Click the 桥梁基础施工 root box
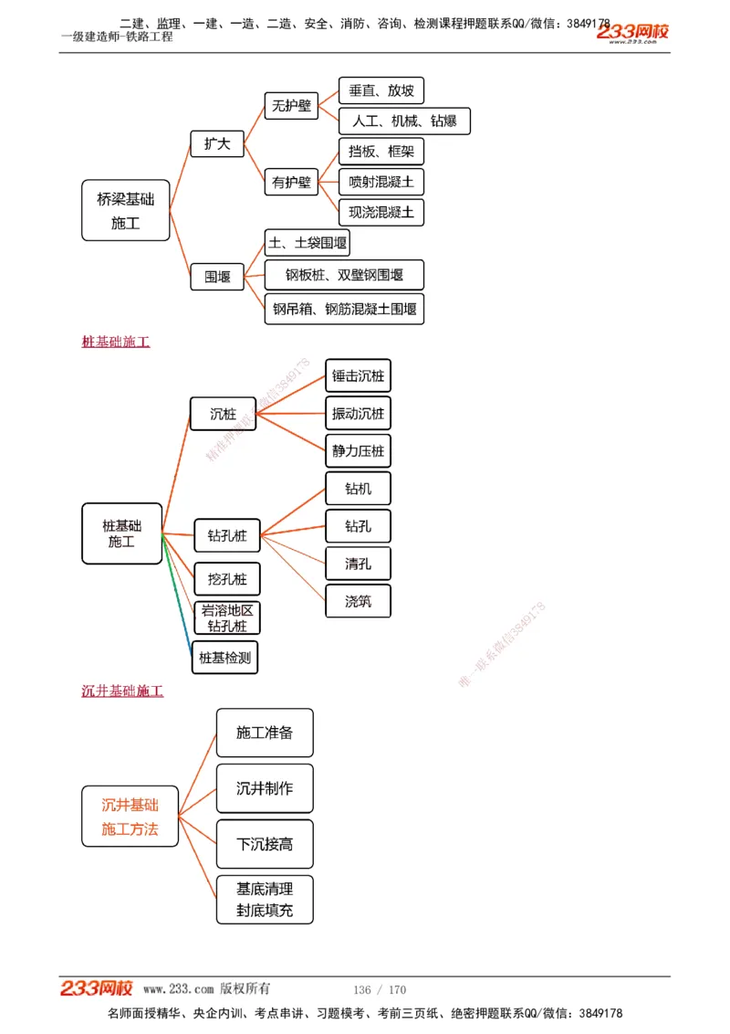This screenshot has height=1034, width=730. pos(126,210)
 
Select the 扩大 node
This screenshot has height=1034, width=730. pos(217,143)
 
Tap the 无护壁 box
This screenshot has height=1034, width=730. pos(291,106)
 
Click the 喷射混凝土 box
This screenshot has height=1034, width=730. pos(381,182)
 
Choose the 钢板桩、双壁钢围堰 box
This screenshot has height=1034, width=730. pos(344,275)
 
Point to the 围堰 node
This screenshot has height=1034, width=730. pos(217,276)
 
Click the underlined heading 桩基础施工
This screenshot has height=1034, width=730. pos(116,342)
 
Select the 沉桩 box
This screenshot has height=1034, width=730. pos(223,414)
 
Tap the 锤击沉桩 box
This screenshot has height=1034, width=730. pos(358,375)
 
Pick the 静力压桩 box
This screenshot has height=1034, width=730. pos(358,450)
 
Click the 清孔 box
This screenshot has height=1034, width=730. pos(358,564)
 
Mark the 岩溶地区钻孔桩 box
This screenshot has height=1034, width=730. pos(227,617)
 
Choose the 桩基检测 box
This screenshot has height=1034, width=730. pos(224,657)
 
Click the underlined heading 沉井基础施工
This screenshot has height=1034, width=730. pos(122,691)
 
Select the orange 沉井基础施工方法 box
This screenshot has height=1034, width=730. pos(130,817)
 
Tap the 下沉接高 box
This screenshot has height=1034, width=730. pos(265,844)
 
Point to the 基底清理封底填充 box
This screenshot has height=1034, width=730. pos(265,899)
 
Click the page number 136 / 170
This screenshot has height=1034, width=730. pos(380,989)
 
